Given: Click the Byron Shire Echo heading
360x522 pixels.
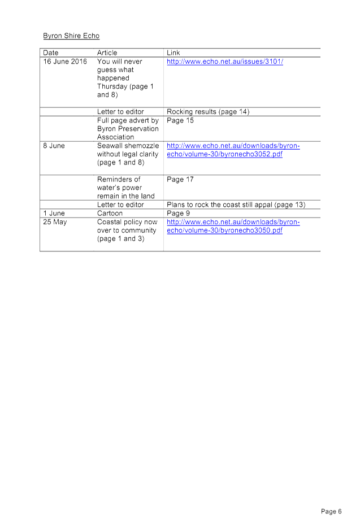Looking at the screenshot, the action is point(71,36).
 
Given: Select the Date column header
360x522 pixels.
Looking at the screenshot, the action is point(51,53).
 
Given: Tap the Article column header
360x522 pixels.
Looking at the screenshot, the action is point(107,53).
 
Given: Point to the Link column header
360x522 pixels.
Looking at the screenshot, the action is point(173,53).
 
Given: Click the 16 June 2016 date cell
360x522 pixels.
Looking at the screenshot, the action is point(65,62).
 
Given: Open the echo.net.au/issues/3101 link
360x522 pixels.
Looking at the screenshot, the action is point(225,62).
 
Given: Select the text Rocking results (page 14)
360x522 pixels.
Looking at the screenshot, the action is point(208,112).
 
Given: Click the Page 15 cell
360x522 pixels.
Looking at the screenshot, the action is point(180,120).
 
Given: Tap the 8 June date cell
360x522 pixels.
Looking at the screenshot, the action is point(54,146).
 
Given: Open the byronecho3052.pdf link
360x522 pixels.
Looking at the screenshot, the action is point(233,150).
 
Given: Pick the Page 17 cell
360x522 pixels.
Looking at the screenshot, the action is point(180,180).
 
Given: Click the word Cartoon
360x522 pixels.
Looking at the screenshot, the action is point(110,214).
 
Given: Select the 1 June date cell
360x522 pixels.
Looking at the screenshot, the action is point(54,214).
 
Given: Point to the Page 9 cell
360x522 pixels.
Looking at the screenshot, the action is point(178,214).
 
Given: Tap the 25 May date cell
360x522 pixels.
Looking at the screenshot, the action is point(55,222).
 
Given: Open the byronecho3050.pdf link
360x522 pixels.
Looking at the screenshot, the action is point(233,227).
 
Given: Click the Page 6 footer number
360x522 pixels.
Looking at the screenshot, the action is point(331,511).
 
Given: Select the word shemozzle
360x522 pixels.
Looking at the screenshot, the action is point(141,146).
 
